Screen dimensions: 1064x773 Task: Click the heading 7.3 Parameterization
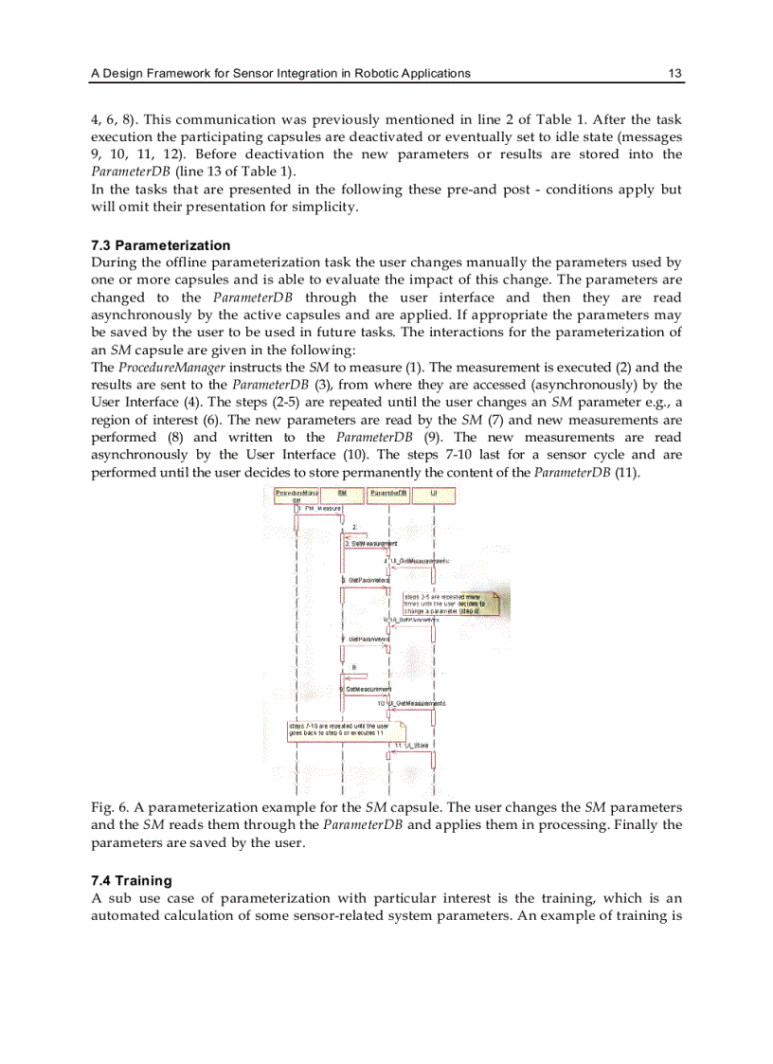(160, 245)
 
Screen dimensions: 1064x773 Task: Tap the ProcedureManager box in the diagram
(296, 496)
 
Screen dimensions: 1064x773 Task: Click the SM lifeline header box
(342, 494)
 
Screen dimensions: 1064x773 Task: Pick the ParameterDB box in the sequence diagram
(388, 494)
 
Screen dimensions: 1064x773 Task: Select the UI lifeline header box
(433, 494)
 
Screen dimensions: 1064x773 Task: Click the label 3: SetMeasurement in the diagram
(370, 544)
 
